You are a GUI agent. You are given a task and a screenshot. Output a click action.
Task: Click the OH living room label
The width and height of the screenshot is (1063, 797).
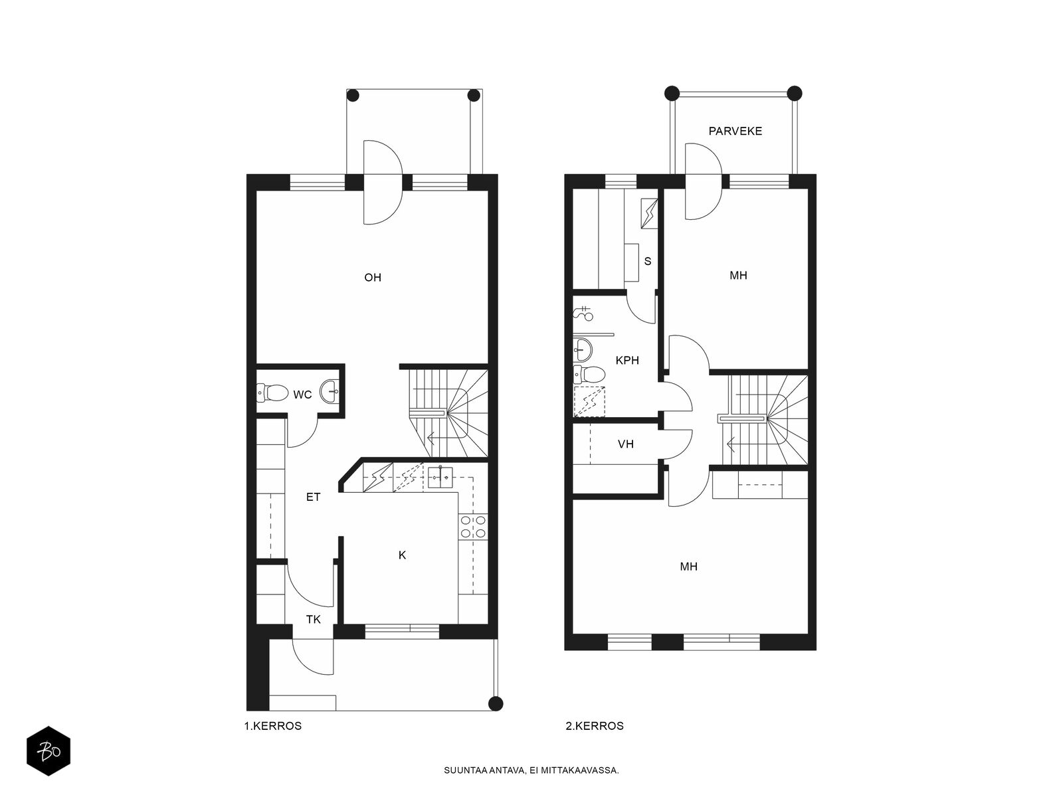point(373,277)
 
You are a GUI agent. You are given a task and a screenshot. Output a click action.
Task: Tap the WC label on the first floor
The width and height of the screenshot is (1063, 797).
point(302,395)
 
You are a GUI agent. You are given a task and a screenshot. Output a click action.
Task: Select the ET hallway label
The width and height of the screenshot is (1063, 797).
point(313,497)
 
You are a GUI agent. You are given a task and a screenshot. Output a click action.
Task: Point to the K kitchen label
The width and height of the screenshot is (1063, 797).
point(402,555)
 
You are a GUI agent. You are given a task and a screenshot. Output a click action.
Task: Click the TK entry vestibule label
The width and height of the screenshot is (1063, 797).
point(314,620)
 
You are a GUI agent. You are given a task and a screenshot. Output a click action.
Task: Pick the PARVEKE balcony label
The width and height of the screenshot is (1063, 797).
point(735,131)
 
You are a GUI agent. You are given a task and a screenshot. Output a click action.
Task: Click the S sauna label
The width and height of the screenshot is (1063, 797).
point(648,261)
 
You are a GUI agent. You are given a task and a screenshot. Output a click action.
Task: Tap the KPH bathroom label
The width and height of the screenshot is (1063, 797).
point(627,360)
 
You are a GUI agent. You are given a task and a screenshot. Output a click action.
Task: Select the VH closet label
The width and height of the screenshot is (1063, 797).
point(626,444)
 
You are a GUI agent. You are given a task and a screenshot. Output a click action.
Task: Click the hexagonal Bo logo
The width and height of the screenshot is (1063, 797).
point(48,751)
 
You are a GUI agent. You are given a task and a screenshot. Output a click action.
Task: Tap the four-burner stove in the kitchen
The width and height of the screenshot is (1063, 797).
point(473,527)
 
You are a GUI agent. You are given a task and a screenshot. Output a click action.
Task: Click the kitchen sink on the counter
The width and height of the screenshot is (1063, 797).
point(440,476)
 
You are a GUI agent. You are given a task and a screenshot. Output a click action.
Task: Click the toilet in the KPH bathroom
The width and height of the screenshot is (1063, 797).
point(589,374)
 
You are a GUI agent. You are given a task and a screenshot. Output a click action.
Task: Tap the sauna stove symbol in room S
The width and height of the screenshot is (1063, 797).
point(649,213)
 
